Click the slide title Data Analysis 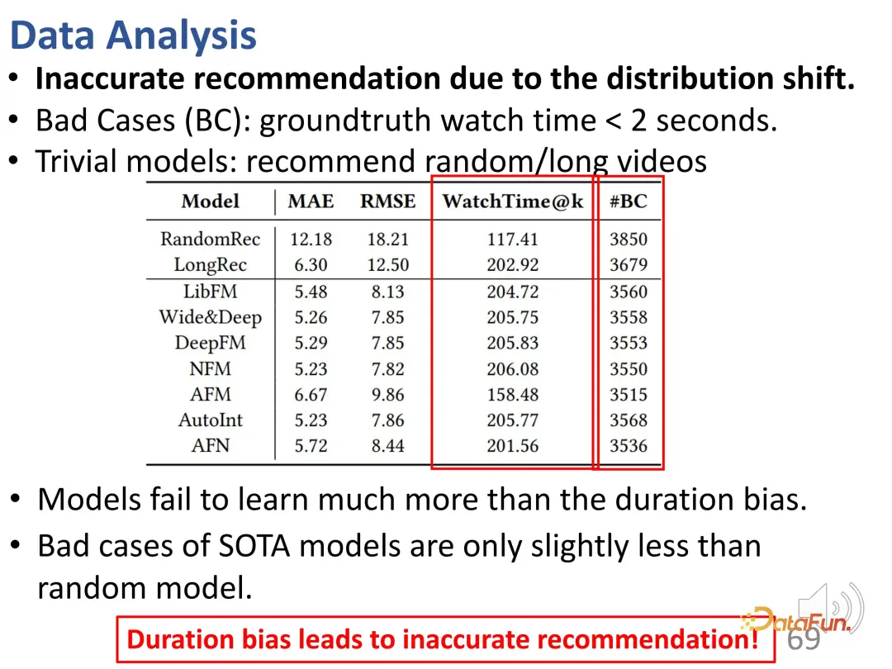click(133, 36)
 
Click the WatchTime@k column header click(513, 202)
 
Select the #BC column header click(629, 202)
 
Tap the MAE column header click(311, 202)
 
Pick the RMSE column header click(388, 202)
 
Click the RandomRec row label click(210, 239)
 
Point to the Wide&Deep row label click(211, 317)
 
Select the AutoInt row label click(211, 420)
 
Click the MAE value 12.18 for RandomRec click(311, 239)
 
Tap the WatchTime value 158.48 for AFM click(513, 394)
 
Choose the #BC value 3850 click(629, 239)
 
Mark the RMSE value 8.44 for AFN click(388, 445)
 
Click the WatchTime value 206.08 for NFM click(513, 368)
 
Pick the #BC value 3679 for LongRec click(629, 264)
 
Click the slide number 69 click(804, 638)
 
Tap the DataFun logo click(796, 619)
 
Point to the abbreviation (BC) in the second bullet click(218, 121)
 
